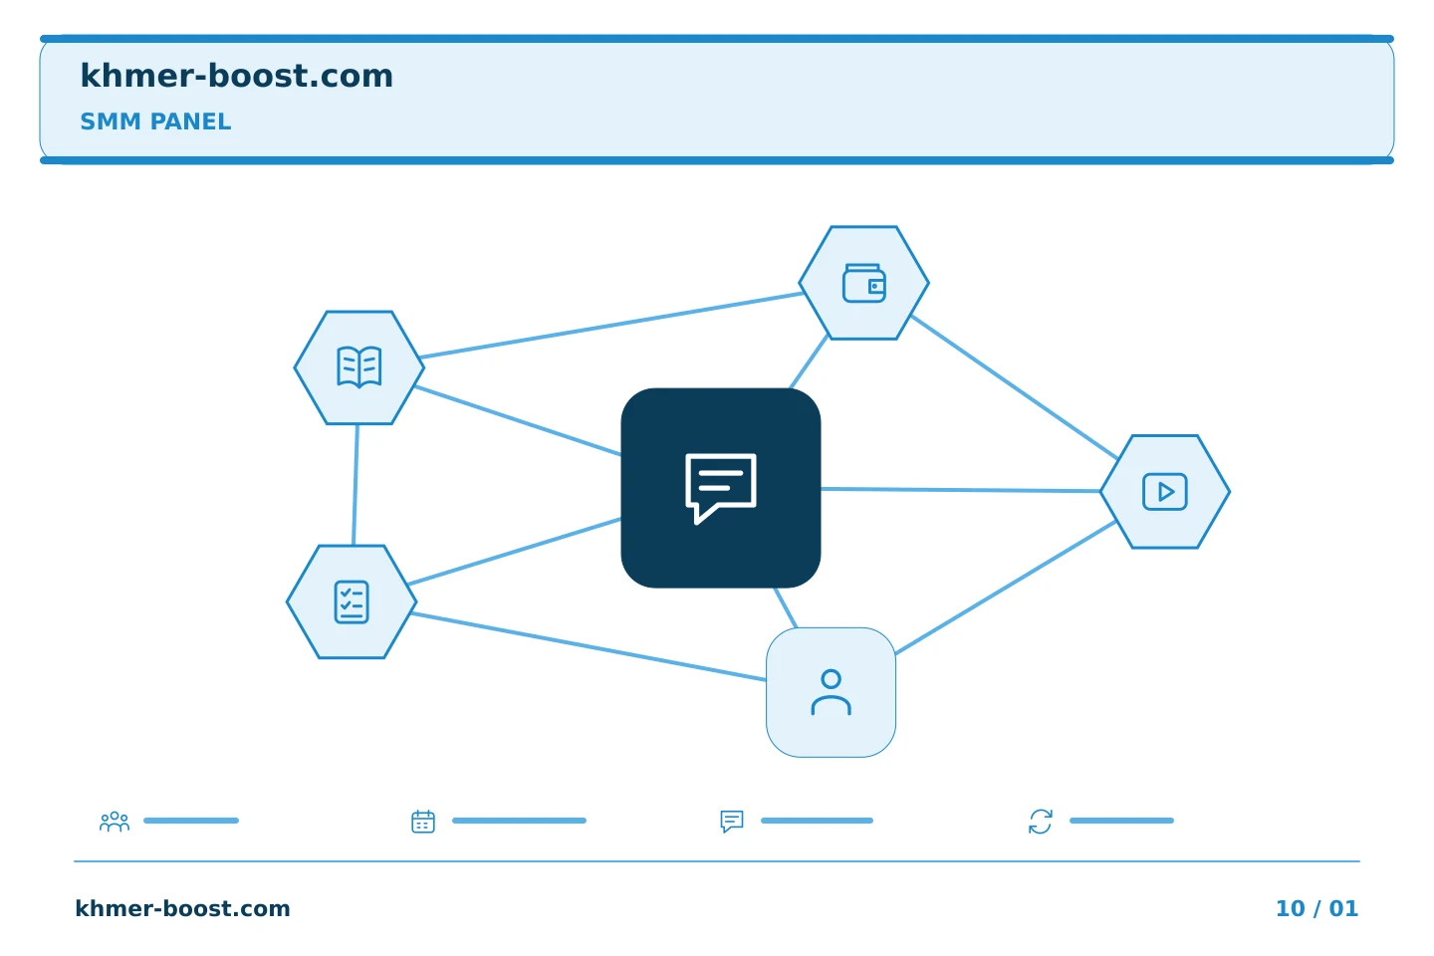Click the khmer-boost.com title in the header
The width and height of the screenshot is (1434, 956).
pyautogui.click(x=236, y=76)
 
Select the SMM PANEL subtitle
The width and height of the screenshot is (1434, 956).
pyautogui.click(x=155, y=121)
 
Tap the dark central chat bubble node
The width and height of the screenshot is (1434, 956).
pyautogui.click(x=721, y=488)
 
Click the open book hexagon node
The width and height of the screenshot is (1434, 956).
pyautogui.click(x=359, y=367)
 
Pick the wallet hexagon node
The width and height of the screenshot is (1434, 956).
pyautogui.click(x=864, y=283)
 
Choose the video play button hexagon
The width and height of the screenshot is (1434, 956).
pyautogui.click(x=1165, y=492)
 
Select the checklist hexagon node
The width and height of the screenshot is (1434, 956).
pyautogui.click(x=352, y=601)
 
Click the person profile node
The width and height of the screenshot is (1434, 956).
pyautogui.click(x=831, y=692)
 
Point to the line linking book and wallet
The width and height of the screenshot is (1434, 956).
pyautogui.click(x=612, y=326)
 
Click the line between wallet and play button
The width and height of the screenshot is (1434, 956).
pyautogui.click(x=1014, y=386)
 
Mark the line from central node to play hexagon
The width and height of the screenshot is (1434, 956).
pyautogui.click(x=960, y=490)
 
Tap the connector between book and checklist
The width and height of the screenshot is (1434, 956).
pyautogui.click(x=356, y=485)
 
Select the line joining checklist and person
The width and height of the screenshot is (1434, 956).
pyautogui.click(x=589, y=646)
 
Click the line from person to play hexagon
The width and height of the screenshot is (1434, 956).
pyautogui.click(x=1006, y=588)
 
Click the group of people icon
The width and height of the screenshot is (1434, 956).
pyautogui.click(x=115, y=822)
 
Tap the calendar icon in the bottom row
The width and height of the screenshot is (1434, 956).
pyautogui.click(x=423, y=822)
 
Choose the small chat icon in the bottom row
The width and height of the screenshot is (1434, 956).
pyautogui.click(x=732, y=822)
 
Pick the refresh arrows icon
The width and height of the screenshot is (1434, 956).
pyautogui.click(x=1041, y=822)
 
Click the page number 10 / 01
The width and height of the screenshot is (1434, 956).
pyautogui.click(x=1316, y=908)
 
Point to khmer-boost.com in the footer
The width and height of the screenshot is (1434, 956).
pyautogui.click(x=182, y=908)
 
